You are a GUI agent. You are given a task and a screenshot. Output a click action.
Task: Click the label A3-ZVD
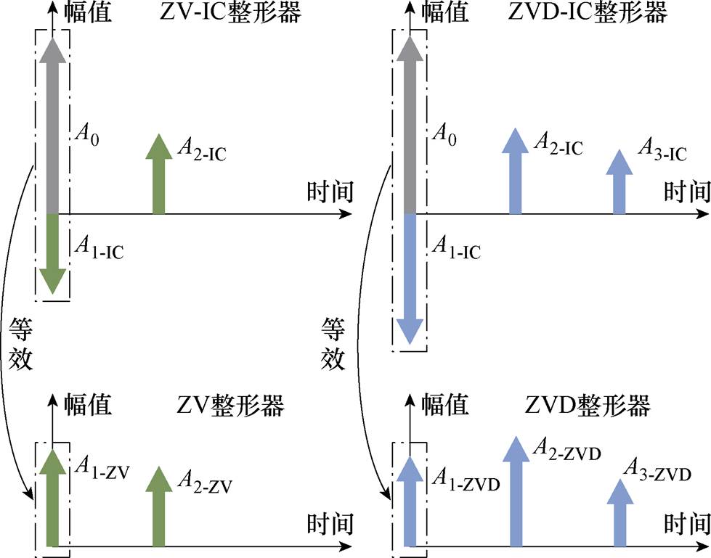[x=664, y=475]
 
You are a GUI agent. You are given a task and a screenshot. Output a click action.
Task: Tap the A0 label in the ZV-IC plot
[x=91, y=135]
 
